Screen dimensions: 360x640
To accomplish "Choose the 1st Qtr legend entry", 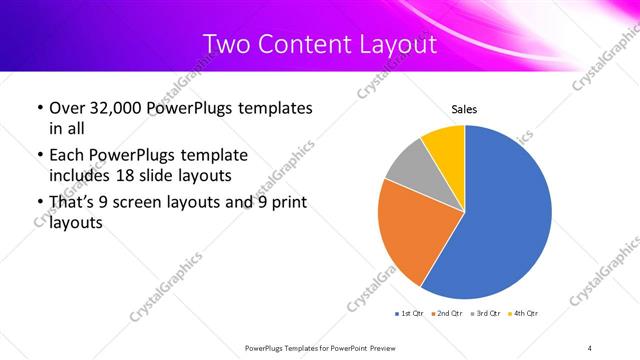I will click(x=411, y=314).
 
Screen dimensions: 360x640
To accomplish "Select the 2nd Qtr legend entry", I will click(x=448, y=314).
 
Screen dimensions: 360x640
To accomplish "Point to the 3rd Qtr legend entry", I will click(x=486, y=314).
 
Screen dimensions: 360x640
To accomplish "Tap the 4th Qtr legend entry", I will click(x=524, y=314).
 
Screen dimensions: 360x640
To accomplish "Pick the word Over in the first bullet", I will click(x=66, y=108).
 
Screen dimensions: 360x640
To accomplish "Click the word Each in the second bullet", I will click(x=66, y=156).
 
